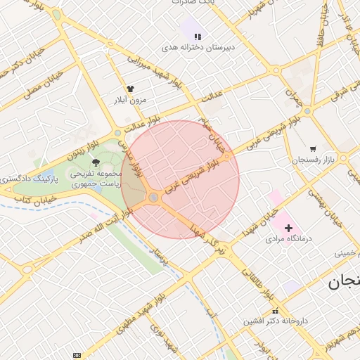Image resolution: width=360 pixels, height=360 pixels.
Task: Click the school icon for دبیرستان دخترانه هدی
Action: tap(198, 36)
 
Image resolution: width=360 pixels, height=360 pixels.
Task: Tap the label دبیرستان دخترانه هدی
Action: tap(198, 47)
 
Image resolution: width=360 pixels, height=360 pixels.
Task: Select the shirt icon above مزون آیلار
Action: tap(129, 89)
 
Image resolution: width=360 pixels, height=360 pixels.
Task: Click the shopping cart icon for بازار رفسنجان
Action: tap(313, 148)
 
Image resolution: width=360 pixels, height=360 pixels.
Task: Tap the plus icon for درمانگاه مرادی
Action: tap(288, 228)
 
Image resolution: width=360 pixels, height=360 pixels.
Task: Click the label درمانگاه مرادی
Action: tap(288, 239)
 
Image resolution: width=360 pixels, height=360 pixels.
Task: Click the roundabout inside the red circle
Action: tap(153, 198)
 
